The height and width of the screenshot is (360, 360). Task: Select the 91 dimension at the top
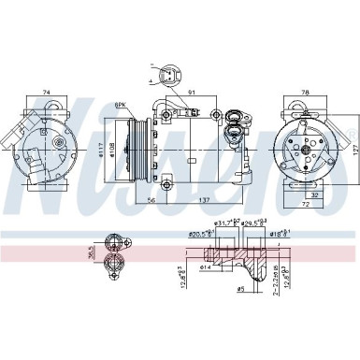coord(191,93)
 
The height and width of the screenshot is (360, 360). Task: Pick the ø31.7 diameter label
coord(225,223)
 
